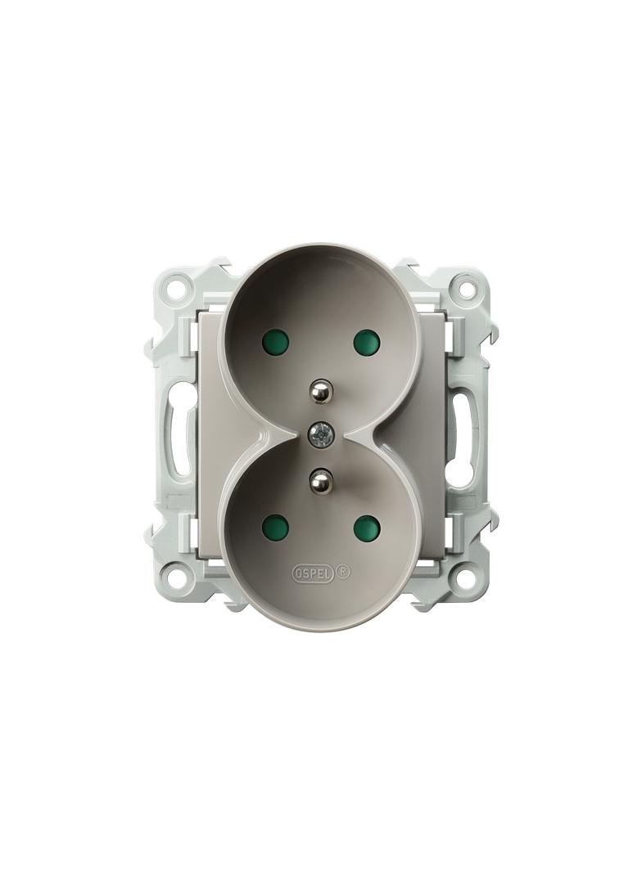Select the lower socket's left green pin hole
tap(275, 524)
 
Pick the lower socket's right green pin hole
tap(366, 524)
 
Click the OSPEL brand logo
tap(313, 573)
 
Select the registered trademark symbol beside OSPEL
tap(344, 573)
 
